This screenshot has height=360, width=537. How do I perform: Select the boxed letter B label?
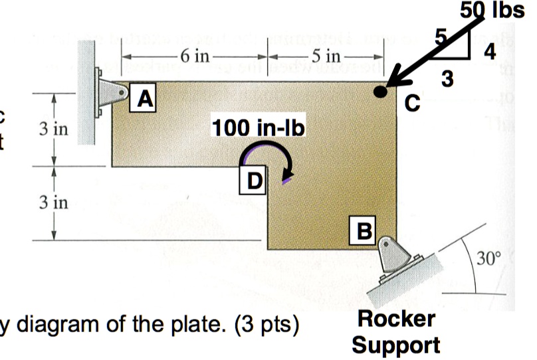[x=364, y=230]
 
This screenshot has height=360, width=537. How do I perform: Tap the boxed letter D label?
[x=253, y=179]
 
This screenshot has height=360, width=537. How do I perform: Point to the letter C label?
[x=413, y=103]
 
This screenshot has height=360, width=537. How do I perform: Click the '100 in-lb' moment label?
[x=257, y=127]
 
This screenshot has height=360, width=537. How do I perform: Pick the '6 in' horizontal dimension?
[x=193, y=55]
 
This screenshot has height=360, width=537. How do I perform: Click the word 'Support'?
[x=395, y=344]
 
